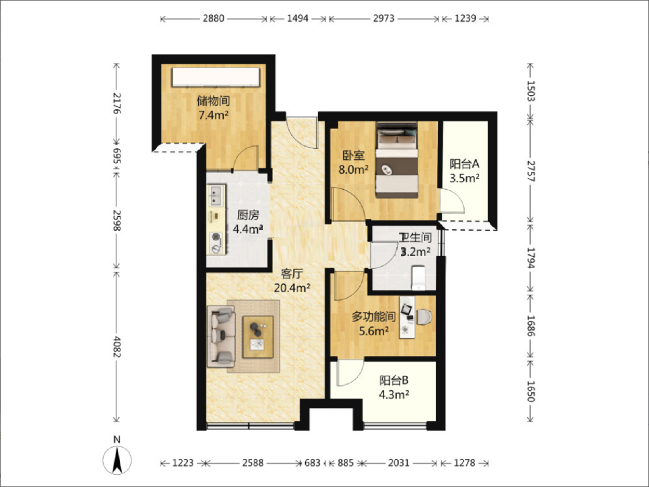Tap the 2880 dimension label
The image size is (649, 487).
[214, 18]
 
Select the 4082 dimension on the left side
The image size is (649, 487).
[117, 347]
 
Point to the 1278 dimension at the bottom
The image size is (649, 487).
[465, 463]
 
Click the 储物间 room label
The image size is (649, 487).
[214, 101]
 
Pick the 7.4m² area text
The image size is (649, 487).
[214, 115]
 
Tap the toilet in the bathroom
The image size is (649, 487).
[418, 278]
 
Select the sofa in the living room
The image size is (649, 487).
[221, 336]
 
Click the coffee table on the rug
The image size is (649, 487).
[258, 337]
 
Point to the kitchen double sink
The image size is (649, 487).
[216, 195]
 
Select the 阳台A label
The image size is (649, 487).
[464, 164]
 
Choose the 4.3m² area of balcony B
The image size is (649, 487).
[394, 394]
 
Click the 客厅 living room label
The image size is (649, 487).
[292, 274]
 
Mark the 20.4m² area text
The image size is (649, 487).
[292, 288]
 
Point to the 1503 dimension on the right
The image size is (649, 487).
[531, 91]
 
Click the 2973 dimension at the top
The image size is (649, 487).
[384, 18]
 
